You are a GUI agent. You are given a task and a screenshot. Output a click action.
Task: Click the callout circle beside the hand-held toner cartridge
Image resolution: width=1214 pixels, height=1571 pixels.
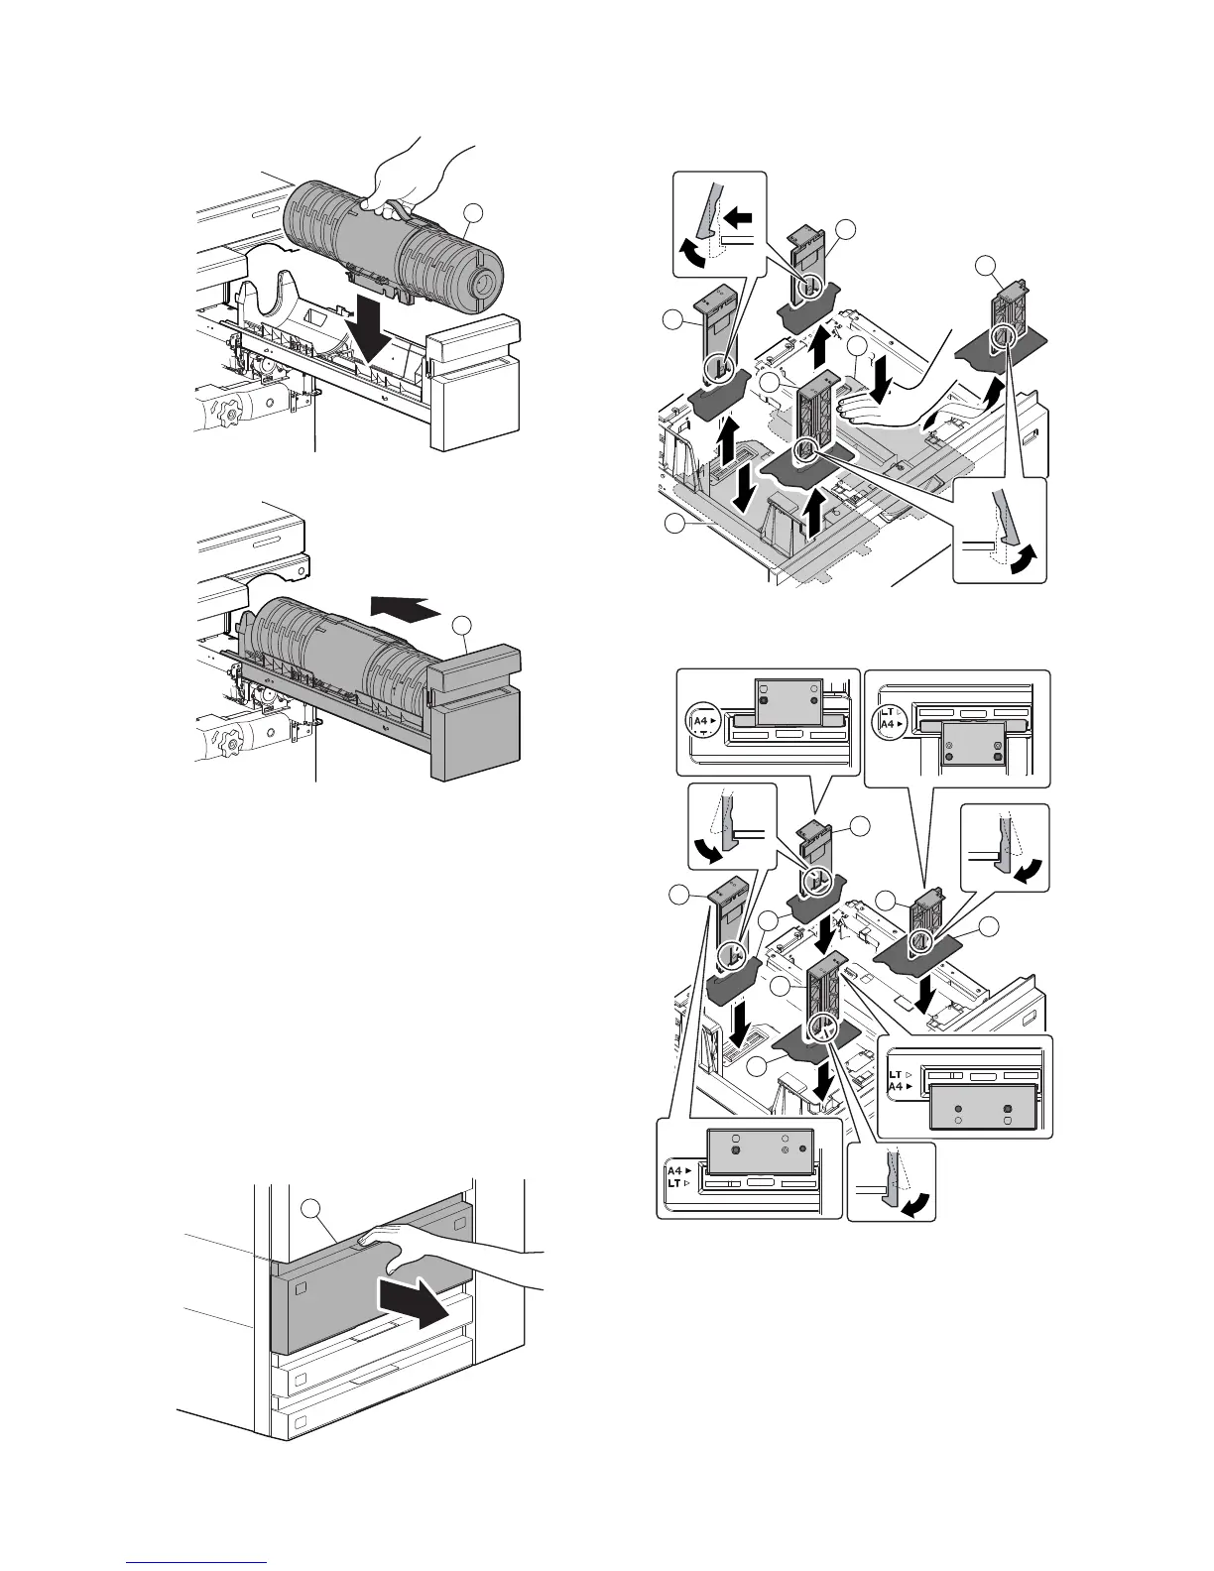474,212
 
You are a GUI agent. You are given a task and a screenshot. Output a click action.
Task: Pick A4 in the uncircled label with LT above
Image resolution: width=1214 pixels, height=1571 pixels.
896,1087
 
